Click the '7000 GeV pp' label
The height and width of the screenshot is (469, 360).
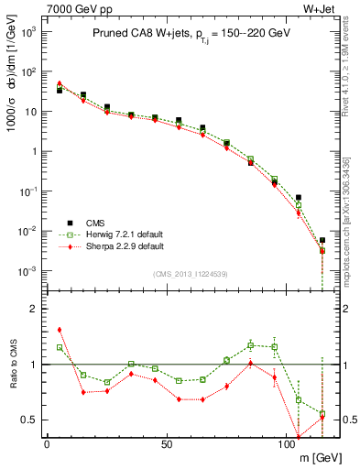pos(73,9)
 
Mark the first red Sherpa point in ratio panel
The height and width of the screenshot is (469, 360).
pos(60,330)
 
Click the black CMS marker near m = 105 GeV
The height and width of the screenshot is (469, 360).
pos(299,197)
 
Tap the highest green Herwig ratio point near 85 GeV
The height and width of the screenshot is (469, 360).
pos(250,345)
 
